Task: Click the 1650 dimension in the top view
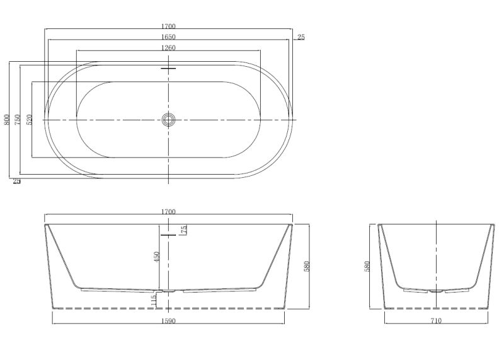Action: point(168,37)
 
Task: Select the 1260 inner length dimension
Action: point(168,48)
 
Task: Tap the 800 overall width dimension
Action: point(6,119)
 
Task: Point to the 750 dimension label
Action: point(18,119)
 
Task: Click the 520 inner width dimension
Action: point(29,119)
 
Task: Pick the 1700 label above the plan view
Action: point(168,26)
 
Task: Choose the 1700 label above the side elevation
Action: point(168,212)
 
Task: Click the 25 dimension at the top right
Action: point(301,37)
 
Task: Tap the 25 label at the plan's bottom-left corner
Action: point(17,181)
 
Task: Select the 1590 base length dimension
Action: point(168,321)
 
